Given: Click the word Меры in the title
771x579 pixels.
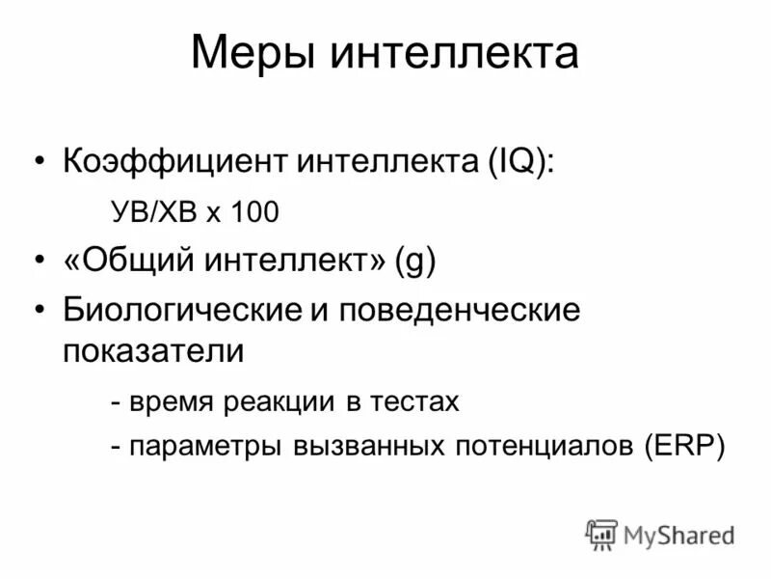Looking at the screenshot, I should pos(253,54).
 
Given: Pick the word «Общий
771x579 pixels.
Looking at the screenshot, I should pos(126,262).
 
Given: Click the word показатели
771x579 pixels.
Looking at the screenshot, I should pos(154,350).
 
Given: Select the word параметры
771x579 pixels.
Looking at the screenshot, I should pos(199,447).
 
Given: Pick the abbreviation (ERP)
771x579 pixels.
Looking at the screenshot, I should pos(684,447).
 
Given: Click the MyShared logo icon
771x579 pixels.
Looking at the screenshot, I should pos(601,534).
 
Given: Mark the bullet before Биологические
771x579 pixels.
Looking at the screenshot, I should pos(39,312).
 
